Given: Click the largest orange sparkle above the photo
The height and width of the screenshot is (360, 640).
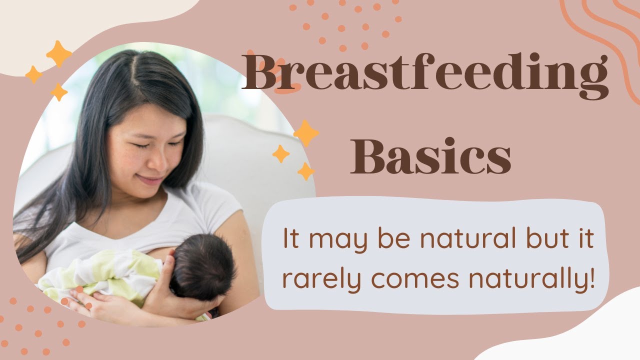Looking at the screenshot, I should pyautogui.click(x=59, y=54).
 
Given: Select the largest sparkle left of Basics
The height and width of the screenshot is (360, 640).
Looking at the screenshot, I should pyautogui.click(x=306, y=133).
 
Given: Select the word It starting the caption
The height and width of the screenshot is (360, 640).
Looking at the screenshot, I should pyautogui.click(x=290, y=239).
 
